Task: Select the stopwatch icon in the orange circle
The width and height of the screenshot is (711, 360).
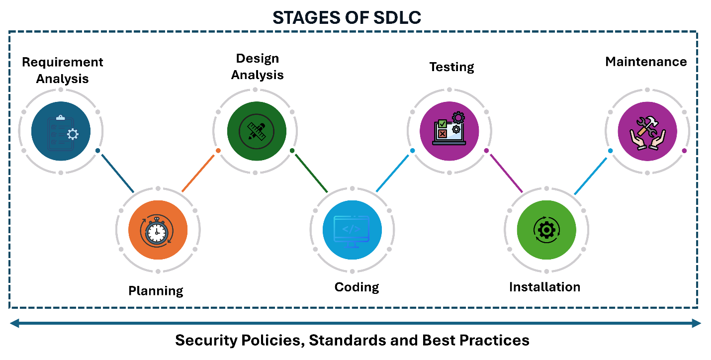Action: click(x=157, y=231)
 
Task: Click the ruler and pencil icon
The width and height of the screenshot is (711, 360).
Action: click(x=257, y=131)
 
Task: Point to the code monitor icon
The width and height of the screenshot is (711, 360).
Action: click(x=352, y=230)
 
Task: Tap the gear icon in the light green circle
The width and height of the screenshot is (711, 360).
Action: click(x=546, y=230)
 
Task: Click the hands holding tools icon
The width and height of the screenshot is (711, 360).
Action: click(x=647, y=132)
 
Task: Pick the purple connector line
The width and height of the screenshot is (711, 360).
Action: click(x=506, y=173)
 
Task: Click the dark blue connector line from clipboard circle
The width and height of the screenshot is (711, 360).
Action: click(x=117, y=173)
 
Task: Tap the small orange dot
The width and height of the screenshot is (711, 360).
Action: click(x=218, y=151)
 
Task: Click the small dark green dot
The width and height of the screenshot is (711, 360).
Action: click(x=292, y=151)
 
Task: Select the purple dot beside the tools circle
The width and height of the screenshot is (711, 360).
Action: click(x=684, y=151)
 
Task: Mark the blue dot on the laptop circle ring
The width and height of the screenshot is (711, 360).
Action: click(x=412, y=151)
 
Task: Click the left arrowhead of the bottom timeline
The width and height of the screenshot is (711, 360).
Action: click(x=14, y=323)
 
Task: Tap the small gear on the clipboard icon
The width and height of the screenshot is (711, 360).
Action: click(x=73, y=134)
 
